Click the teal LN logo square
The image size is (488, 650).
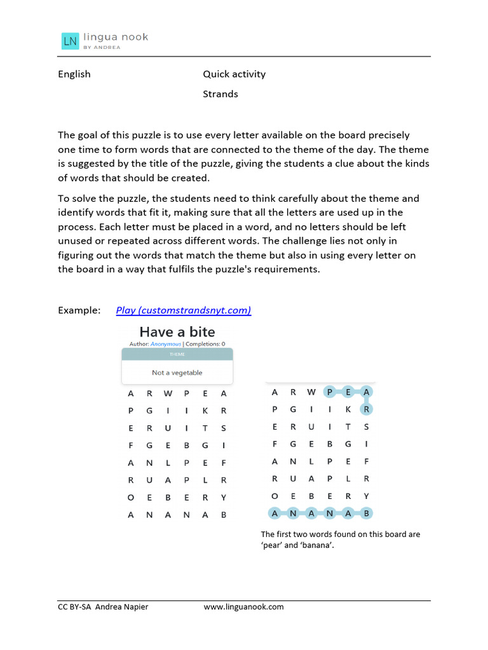[x=70, y=41]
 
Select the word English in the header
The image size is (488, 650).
[x=74, y=74]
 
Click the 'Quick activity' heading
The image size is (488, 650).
[x=234, y=74]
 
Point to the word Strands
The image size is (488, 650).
[x=220, y=94]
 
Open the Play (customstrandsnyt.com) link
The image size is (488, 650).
[x=184, y=310]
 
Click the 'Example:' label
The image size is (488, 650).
[x=79, y=310]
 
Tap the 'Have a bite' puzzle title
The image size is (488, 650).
[x=177, y=332]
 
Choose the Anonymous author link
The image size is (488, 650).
[x=165, y=344]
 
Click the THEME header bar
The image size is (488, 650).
[x=177, y=354]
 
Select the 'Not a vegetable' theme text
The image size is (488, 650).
[x=177, y=373]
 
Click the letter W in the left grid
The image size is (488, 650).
[x=168, y=394]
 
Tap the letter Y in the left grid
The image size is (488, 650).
[x=224, y=498]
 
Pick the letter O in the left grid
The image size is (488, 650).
[x=131, y=498]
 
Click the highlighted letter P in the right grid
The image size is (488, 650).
[x=330, y=392]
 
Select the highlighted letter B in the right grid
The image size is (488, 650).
[x=367, y=513]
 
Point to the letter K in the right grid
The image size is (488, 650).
[x=348, y=410]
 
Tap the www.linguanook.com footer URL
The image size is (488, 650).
[x=243, y=607]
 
